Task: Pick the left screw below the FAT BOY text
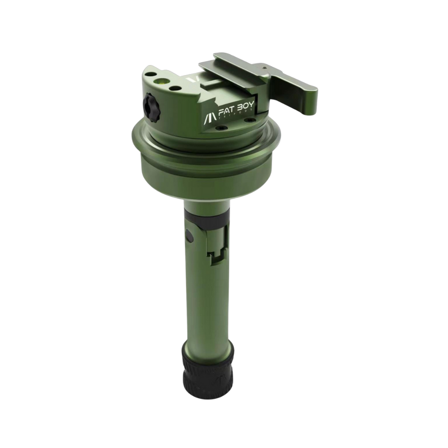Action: point(220,127)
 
